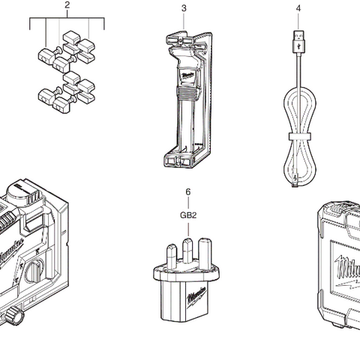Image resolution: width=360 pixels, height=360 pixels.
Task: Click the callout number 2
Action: pos(67,7)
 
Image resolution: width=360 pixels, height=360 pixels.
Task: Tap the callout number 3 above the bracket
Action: pos(184,8)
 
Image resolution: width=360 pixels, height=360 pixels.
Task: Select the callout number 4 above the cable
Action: pos(298,8)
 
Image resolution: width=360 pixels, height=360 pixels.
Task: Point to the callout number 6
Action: pos(187,192)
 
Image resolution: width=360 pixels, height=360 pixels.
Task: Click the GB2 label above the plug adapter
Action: pos(187,215)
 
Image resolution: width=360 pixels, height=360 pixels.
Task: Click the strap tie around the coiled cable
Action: pos(298,136)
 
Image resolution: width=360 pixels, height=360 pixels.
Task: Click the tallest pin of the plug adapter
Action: pos(188,247)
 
